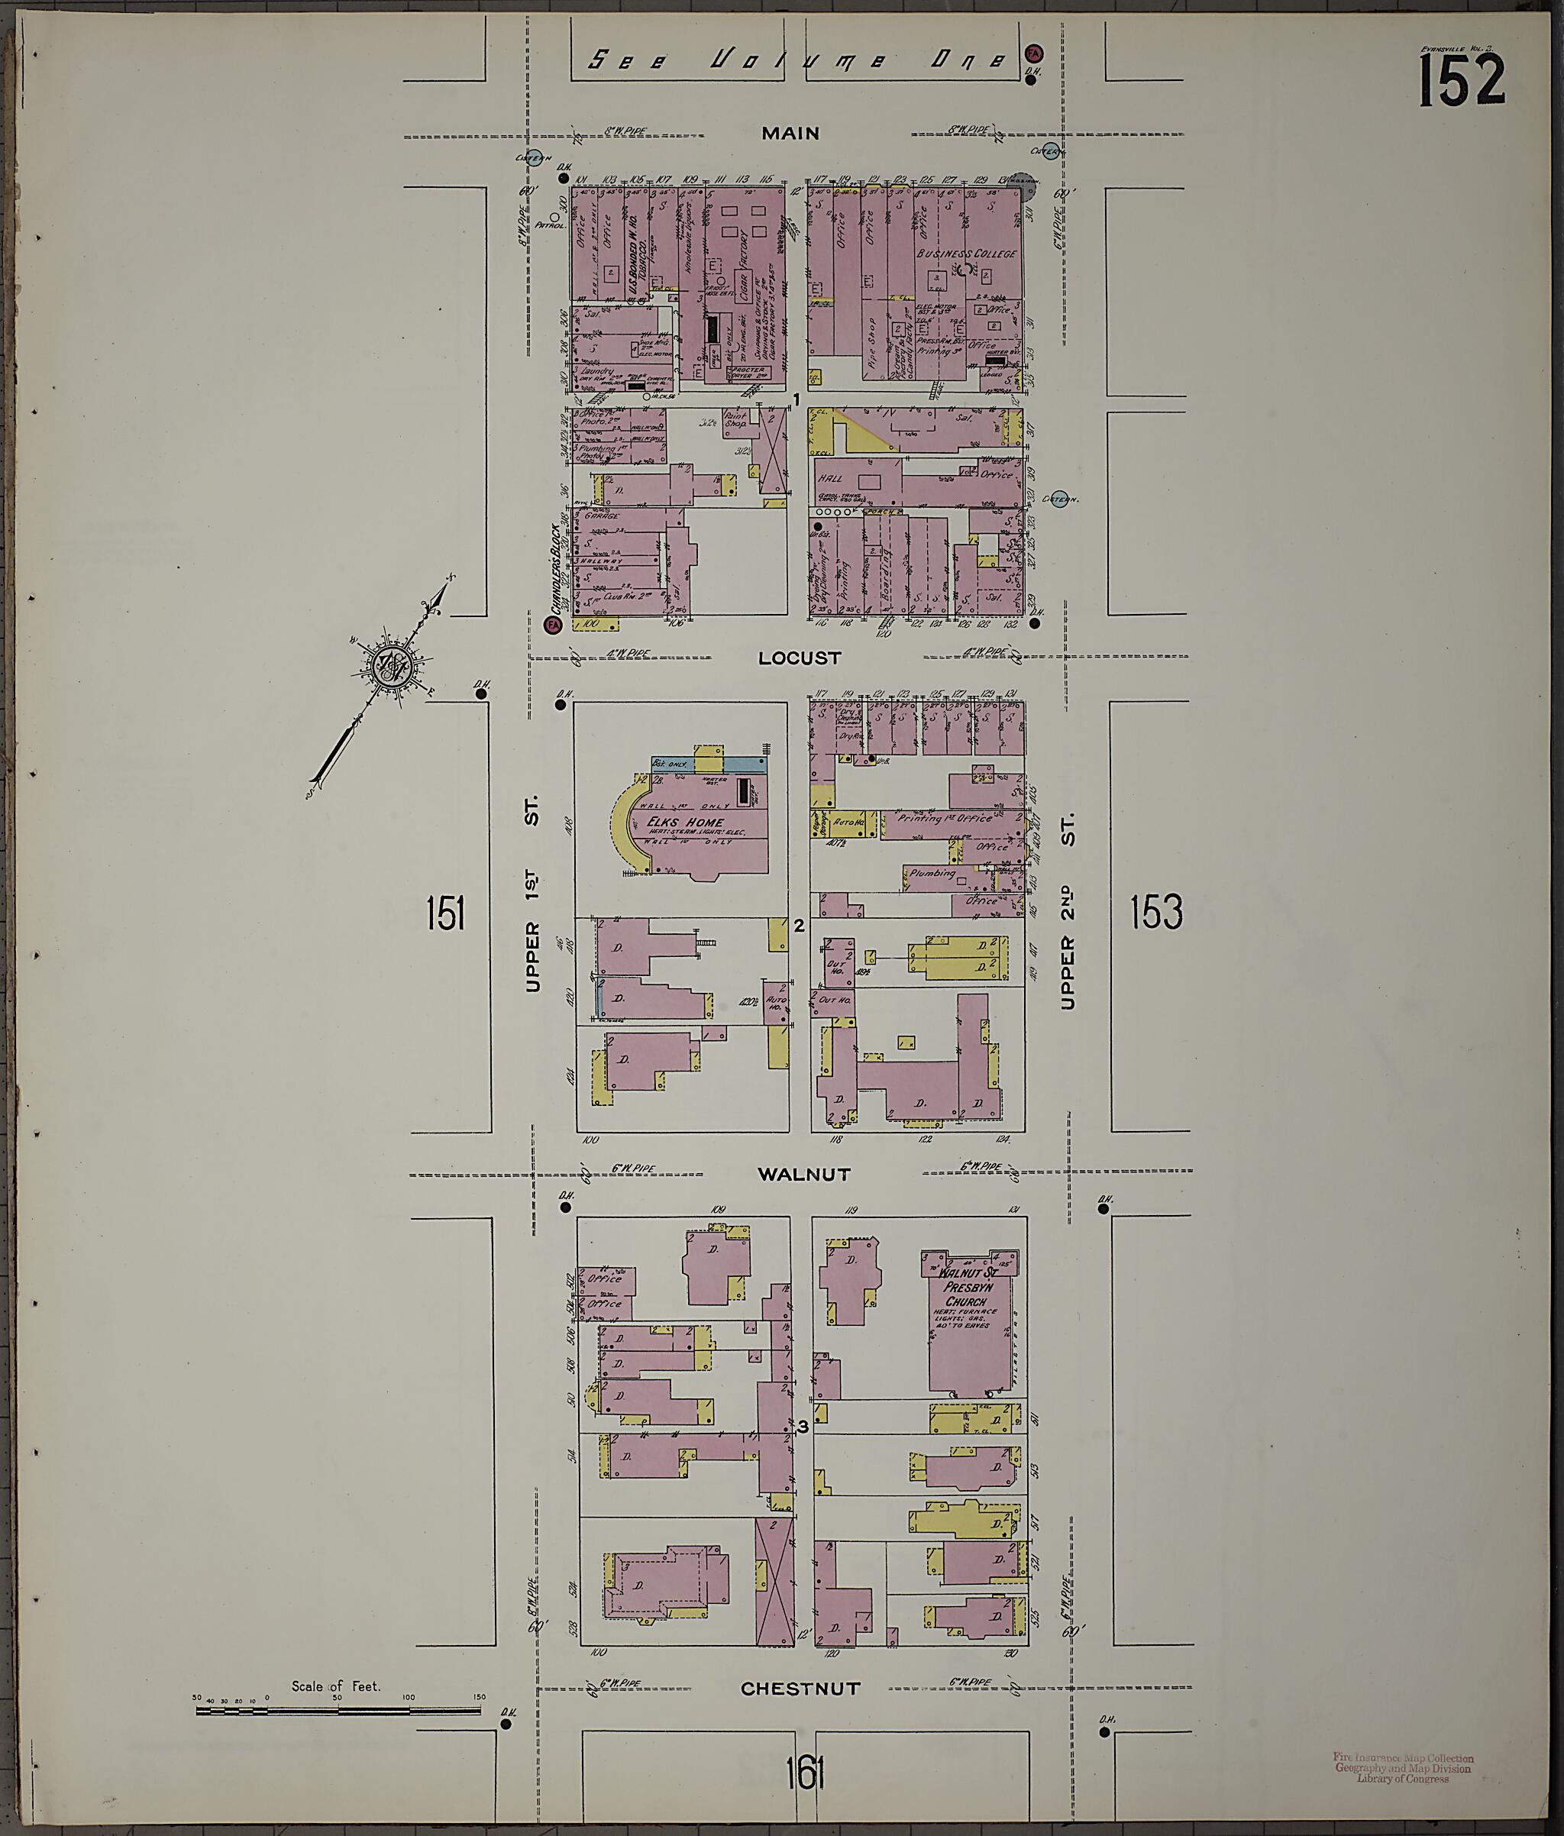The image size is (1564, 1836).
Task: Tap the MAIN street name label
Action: point(790,134)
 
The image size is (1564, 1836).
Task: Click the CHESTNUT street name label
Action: point(800,1689)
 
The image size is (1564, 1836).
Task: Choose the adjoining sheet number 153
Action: point(1156,912)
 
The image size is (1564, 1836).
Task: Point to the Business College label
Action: point(967,254)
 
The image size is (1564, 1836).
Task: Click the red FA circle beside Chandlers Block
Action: point(553,625)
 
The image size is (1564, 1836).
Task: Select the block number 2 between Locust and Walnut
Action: point(798,926)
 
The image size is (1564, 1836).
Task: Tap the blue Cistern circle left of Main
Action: point(534,159)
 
